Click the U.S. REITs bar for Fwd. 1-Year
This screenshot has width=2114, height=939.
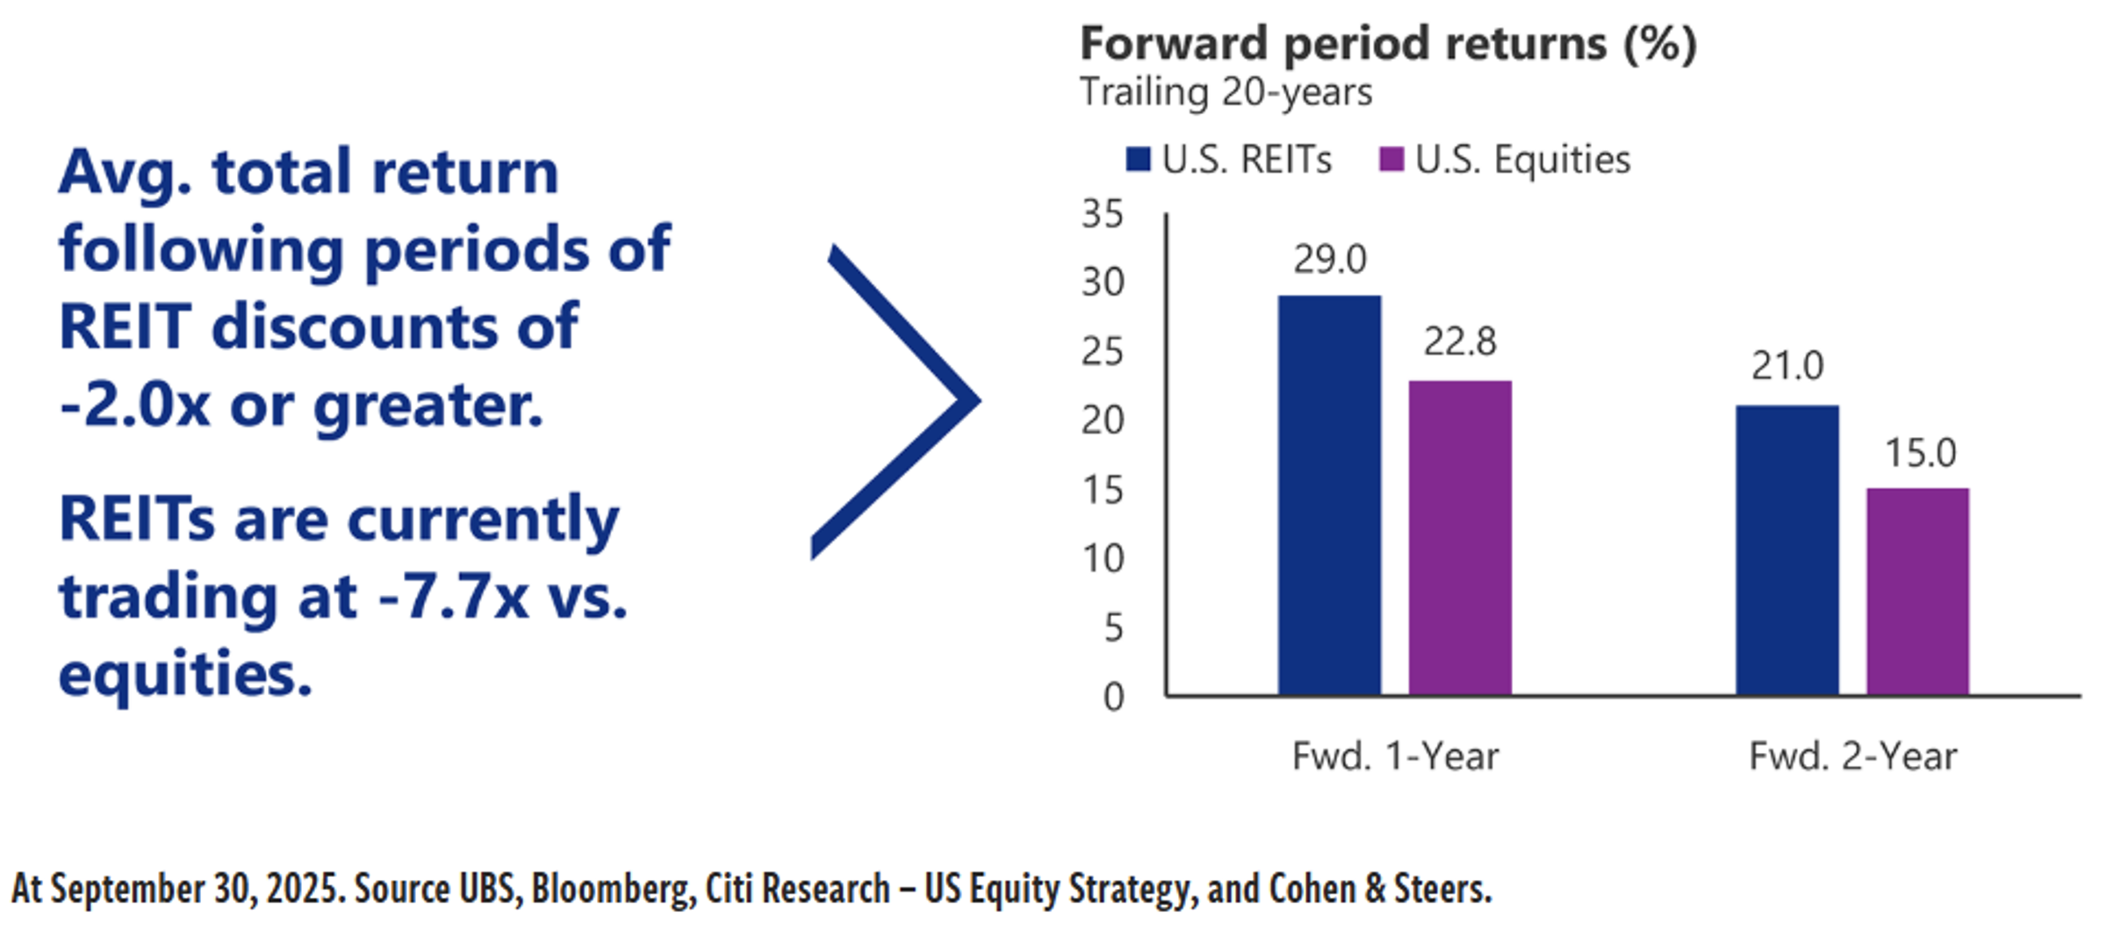[1329, 496]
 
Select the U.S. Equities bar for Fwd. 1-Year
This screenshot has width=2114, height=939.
[1460, 538]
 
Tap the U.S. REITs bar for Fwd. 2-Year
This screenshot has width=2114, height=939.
[1787, 550]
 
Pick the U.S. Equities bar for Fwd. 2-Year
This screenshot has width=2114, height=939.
[1918, 591]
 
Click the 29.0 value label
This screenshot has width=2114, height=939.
[1330, 260]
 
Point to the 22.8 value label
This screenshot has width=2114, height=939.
[1460, 341]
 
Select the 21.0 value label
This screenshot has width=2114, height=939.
[1787, 366]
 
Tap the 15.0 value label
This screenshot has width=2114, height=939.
[1921, 453]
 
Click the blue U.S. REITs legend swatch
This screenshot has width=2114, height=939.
[1138, 160]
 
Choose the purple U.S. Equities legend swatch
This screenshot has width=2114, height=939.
[1391, 160]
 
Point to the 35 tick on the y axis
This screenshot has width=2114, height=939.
[1103, 214]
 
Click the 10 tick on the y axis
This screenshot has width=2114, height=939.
[1103, 559]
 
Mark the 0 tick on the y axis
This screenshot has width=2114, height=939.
[1114, 698]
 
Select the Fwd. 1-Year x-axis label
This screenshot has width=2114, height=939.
[1396, 756]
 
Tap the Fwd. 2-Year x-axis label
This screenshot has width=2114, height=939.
[1853, 756]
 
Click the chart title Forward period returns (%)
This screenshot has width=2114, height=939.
[1389, 44]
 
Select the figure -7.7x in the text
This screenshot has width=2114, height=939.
[454, 597]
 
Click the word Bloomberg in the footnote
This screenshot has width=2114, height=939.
[608, 889]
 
